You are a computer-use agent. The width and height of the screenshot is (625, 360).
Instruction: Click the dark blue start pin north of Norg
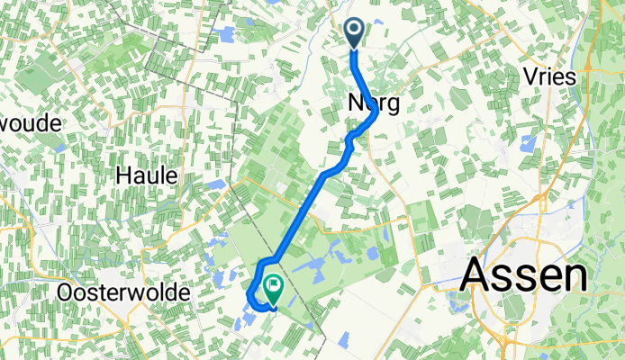click(x=354, y=32)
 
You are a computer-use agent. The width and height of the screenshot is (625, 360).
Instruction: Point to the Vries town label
click(x=548, y=77)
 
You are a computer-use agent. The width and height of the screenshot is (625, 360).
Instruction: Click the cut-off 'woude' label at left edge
click(x=30, y=122)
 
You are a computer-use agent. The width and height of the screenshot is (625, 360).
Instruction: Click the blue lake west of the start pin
click(x=224, y=34)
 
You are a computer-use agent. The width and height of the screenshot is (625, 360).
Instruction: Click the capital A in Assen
click(x=478, y=274)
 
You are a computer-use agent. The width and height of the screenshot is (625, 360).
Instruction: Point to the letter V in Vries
click(x=530, y=77)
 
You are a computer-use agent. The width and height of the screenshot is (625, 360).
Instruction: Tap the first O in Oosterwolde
click(x=65, y=293)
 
